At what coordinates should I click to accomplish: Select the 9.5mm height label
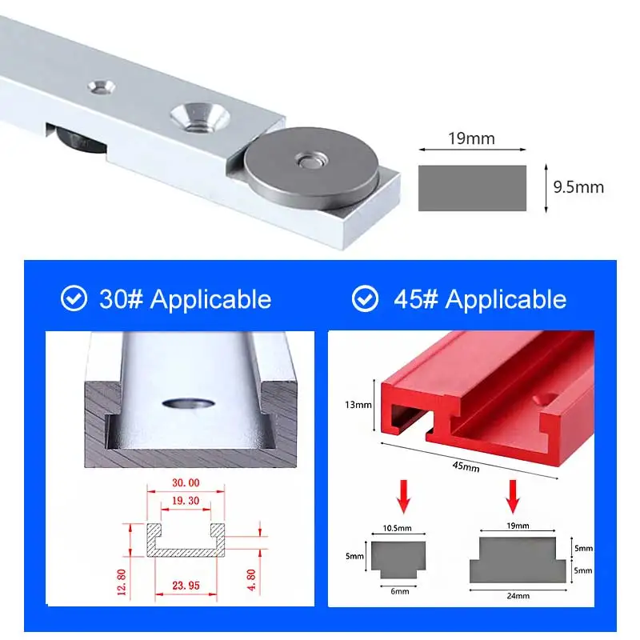pos(578,188)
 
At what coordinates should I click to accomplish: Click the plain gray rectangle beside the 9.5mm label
pos(472,188)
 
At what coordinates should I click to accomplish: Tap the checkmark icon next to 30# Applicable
pos(74,299)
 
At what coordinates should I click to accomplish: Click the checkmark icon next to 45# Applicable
pos(366,299)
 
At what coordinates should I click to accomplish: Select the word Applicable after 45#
pos(506,299)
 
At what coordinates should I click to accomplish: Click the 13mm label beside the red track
pos(358,405)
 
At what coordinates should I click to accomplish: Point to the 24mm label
pos(518,594)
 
